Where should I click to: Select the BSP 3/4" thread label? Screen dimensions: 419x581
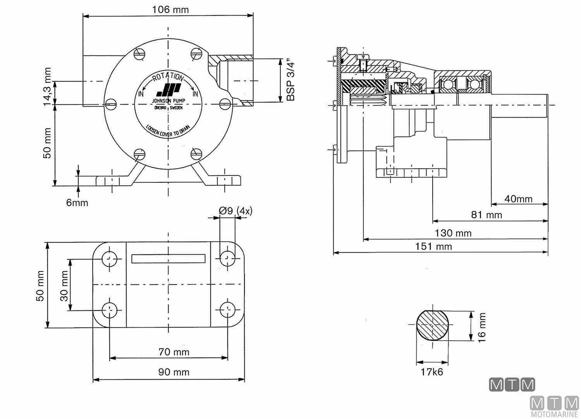point(291,80)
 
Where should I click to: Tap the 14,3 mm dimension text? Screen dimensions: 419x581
point(47,87)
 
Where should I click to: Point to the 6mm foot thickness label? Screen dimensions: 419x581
point(77,203)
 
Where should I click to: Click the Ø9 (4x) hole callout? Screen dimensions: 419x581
point(235,211)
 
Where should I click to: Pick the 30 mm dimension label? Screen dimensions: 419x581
point(64,286)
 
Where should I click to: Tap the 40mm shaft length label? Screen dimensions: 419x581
point(518,199)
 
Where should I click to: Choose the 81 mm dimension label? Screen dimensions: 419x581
point(486,215)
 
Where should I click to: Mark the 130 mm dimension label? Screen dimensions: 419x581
point(453,233)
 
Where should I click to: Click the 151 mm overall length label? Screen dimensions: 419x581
point(433,246)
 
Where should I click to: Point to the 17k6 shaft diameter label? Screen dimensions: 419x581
point(432,372)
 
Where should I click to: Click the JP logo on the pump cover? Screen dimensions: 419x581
point(168,90)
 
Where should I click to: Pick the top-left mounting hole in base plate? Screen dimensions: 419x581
point(110,258)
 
